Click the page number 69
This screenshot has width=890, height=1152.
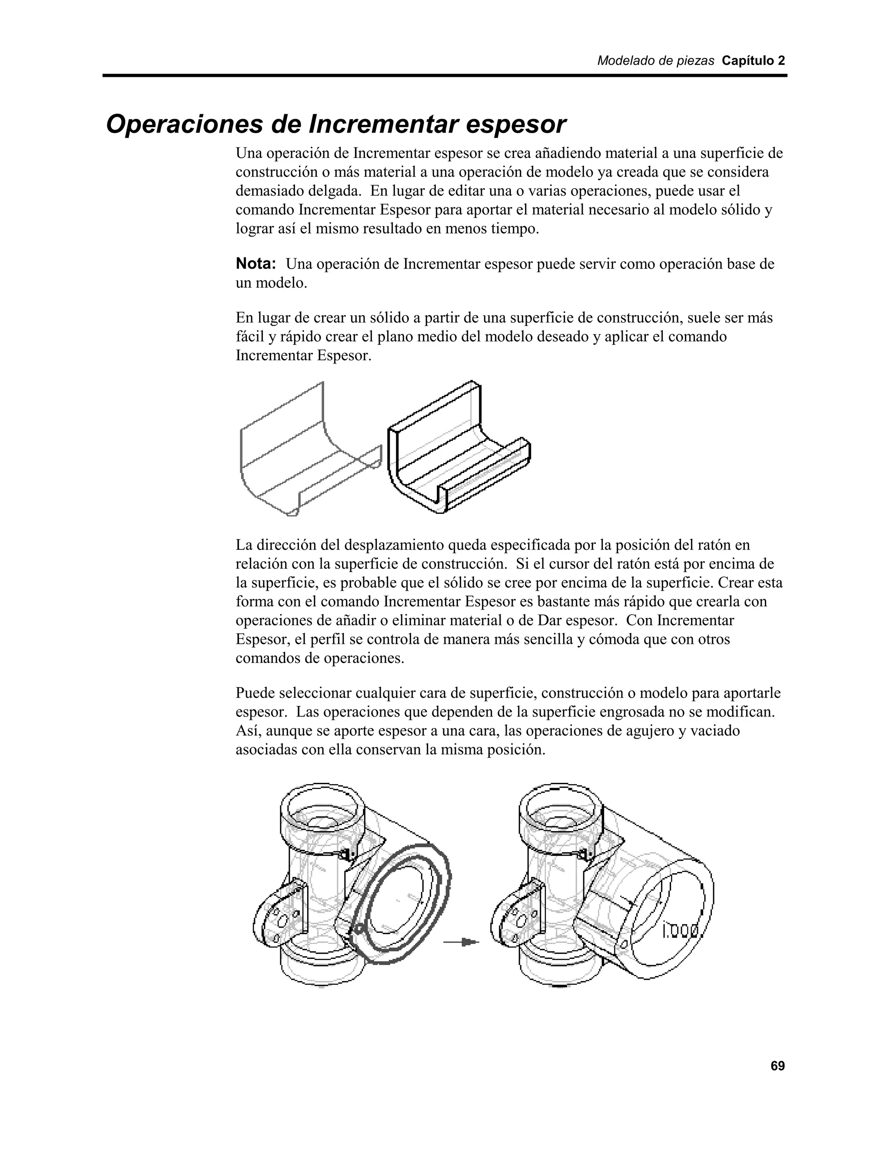[777, 1066]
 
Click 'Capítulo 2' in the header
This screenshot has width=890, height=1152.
[753, 61]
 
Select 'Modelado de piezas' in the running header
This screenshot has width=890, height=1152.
[655, 61]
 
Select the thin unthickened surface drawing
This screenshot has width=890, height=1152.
[306, 453]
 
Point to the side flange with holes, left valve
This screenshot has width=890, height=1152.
[279, 915]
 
